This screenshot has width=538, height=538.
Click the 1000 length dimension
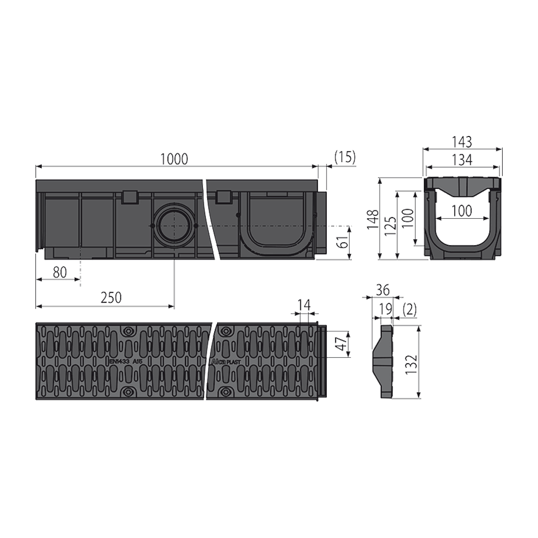tap(174, 159)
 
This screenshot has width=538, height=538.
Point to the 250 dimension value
tap(111, 298)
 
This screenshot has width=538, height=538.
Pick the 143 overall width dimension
tap(462, 141)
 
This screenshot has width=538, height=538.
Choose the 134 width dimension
tap(462, 160)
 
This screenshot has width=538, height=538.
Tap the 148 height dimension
tap(373, 220)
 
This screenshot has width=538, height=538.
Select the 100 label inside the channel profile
tap(462, 211)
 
